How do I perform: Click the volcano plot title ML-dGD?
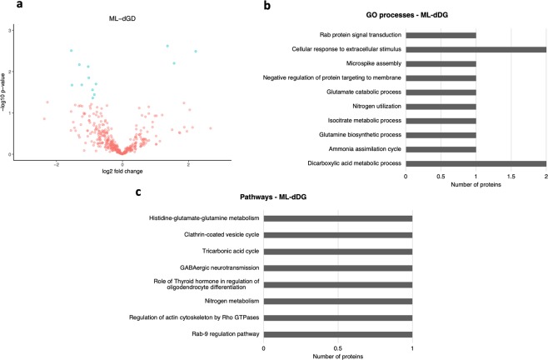pyautogui.click(x=122, y=20)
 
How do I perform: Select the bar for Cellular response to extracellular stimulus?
pyautogui.click(x=476, y=49)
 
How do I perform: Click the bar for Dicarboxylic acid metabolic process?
pyautogui.click(x=476, y=162)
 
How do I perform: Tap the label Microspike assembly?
pyautogui.click(x=373, y=63)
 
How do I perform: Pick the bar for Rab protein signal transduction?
pyautogui.click(x=441, y=35)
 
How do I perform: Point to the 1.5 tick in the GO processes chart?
pyautogui.click(x=511, y=176)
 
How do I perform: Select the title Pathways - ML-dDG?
pyautogui.click(x=336, y=203)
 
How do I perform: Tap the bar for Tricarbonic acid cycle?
pyautogui.click(x=337, y=252)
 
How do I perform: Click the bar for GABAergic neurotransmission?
pyautogui.click(x=337, y=268)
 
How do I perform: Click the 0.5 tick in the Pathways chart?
pyautogui.click(x=337, y=347)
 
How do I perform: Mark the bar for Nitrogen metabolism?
pyautogui.click(x=337, y=301)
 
